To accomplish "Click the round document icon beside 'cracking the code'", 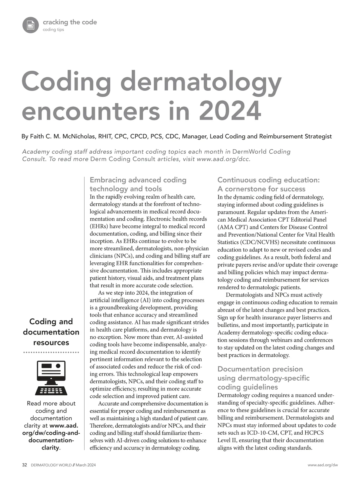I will click(x=31, y=25).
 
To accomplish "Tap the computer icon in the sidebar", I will click(x=51, y=378).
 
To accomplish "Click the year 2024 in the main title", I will click(x=230, y=111).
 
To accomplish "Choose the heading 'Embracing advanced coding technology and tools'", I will click(x=138, y=184).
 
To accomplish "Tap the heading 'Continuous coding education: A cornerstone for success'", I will click(x=268, y=184).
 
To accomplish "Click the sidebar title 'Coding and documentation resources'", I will click(x=51, y=332).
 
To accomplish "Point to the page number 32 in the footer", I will click(x=25, y=465).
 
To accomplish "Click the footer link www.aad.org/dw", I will click(x=323, y=465).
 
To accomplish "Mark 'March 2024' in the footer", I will click(x=86, y=465).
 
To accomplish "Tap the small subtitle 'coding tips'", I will click(x=53, y=30).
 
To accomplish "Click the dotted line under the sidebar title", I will click(x=51, y=353).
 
